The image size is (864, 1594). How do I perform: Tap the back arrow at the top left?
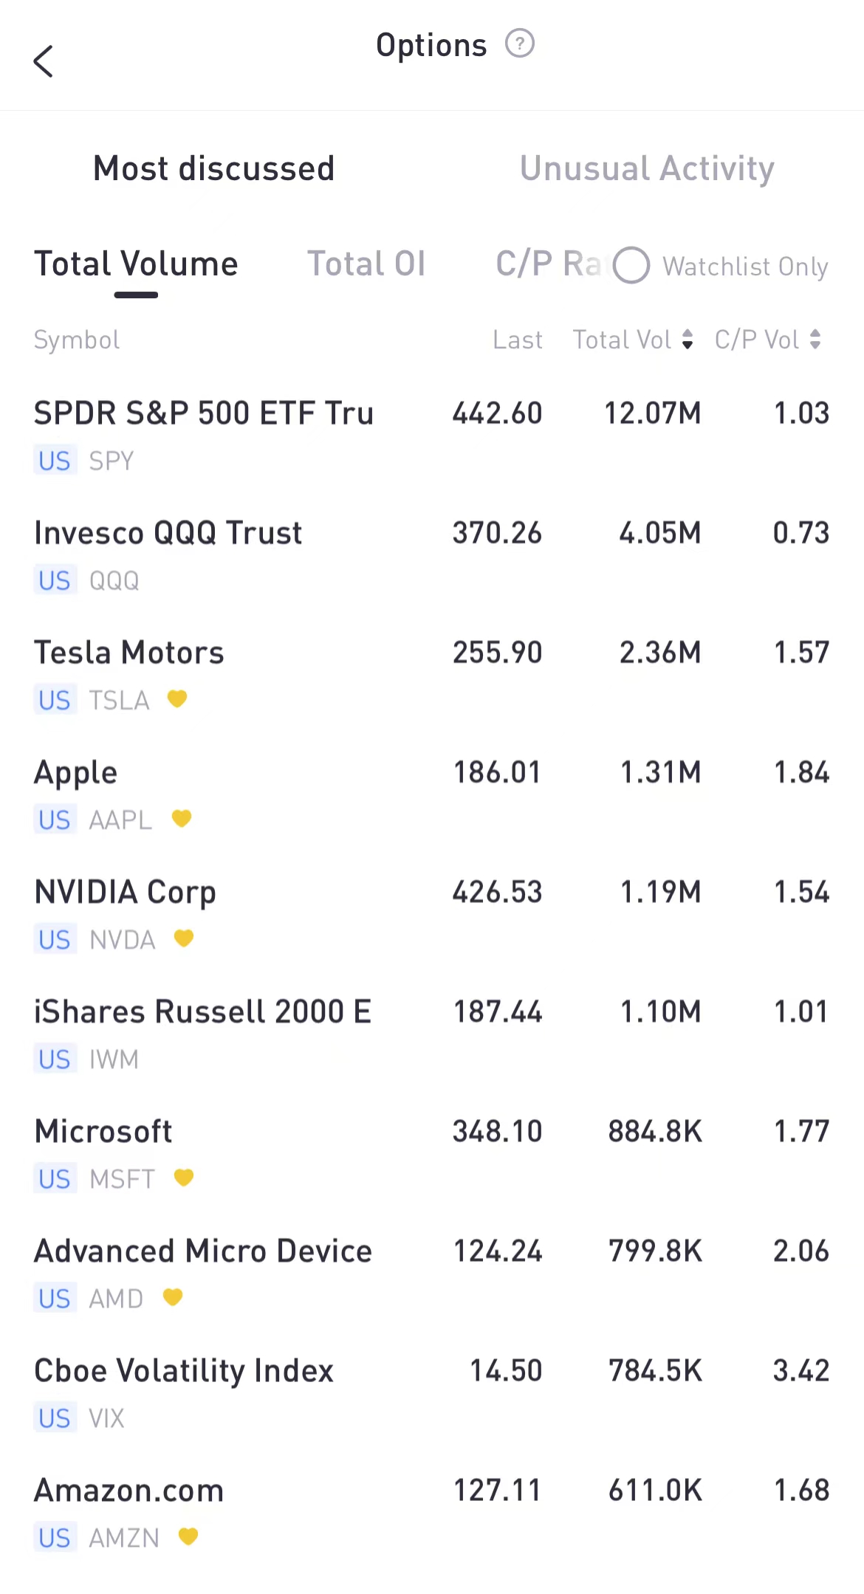44,61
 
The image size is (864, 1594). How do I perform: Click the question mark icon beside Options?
519,44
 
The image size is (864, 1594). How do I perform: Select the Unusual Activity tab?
647,168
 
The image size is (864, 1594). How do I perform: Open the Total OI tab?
366,264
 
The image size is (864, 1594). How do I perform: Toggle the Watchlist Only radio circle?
631,266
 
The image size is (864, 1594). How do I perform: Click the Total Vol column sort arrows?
688,340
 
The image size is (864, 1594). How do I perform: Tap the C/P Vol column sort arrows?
815,340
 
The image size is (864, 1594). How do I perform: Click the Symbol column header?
77,340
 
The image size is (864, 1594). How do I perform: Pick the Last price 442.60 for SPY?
497,413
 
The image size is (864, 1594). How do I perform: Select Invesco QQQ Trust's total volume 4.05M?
659,533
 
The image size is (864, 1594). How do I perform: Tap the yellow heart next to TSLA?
177,698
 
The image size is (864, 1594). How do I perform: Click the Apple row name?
76,773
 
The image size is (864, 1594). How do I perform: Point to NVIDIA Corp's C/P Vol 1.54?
801,893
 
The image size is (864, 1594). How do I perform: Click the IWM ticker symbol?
114,1059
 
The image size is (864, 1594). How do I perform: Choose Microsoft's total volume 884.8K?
655,1132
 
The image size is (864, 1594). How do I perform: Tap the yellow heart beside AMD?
173,1297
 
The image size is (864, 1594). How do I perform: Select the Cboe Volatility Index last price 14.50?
506,1371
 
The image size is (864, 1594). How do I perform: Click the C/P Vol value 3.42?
801,1371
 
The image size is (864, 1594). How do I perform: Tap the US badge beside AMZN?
55,1538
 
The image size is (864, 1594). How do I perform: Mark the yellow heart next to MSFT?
184,1178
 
